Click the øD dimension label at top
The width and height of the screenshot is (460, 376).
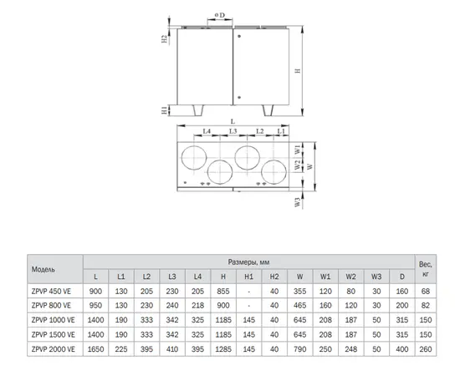pyautogui.click(x=220, y=15)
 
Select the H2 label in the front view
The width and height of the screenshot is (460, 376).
pyautogui.click(x=165, y=39)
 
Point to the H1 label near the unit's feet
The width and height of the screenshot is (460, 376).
pyautogui.click(x=165, y=110)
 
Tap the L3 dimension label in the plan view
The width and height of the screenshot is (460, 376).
pyautogui.click(x=233, y=131)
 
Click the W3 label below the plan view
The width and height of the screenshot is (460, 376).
pyautogui.click(x=298, y=202)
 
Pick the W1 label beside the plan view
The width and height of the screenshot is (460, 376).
pyautogui.click(x=298, y=150)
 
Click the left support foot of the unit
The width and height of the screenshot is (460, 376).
pyautogui.click(x=198, y=110)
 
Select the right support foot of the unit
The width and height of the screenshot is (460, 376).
pyautogui.click(x=268, y=110)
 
